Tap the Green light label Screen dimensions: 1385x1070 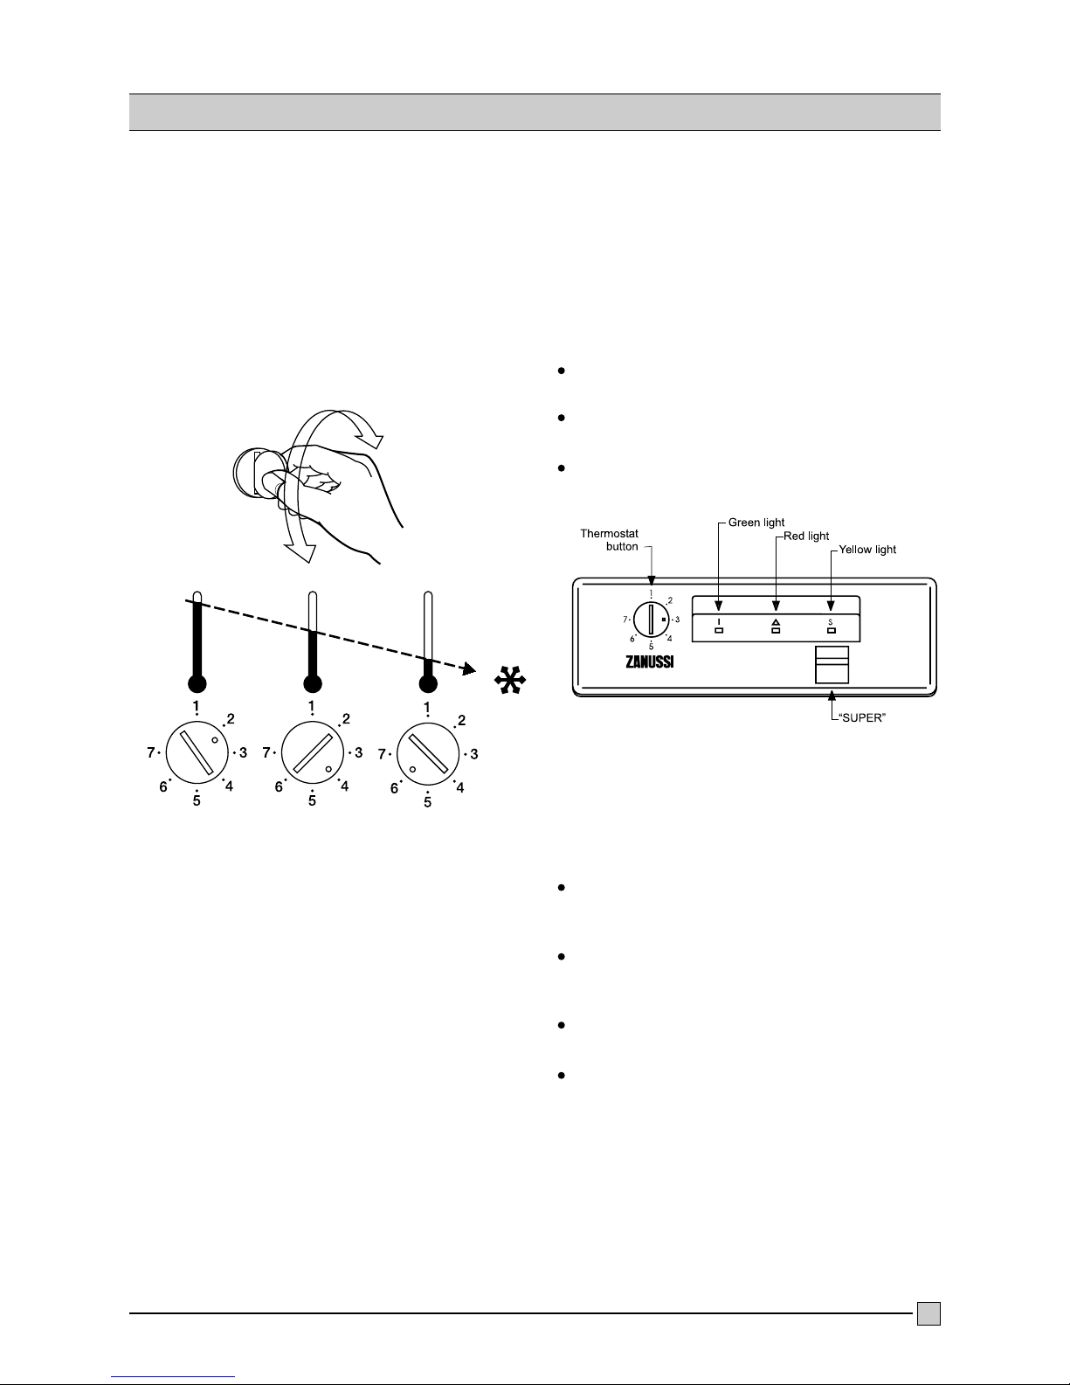(756, 523)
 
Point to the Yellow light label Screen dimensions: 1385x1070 (867, 551)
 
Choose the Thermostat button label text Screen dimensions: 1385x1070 (610, 539)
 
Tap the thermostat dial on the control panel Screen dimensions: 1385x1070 (652, 620)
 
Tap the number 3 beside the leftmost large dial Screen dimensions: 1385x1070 (244, 752)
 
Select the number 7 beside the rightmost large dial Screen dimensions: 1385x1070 (383, 752)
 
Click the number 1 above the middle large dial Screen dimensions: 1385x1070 (312, 706)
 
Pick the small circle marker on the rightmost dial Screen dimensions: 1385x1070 (412, 769)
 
